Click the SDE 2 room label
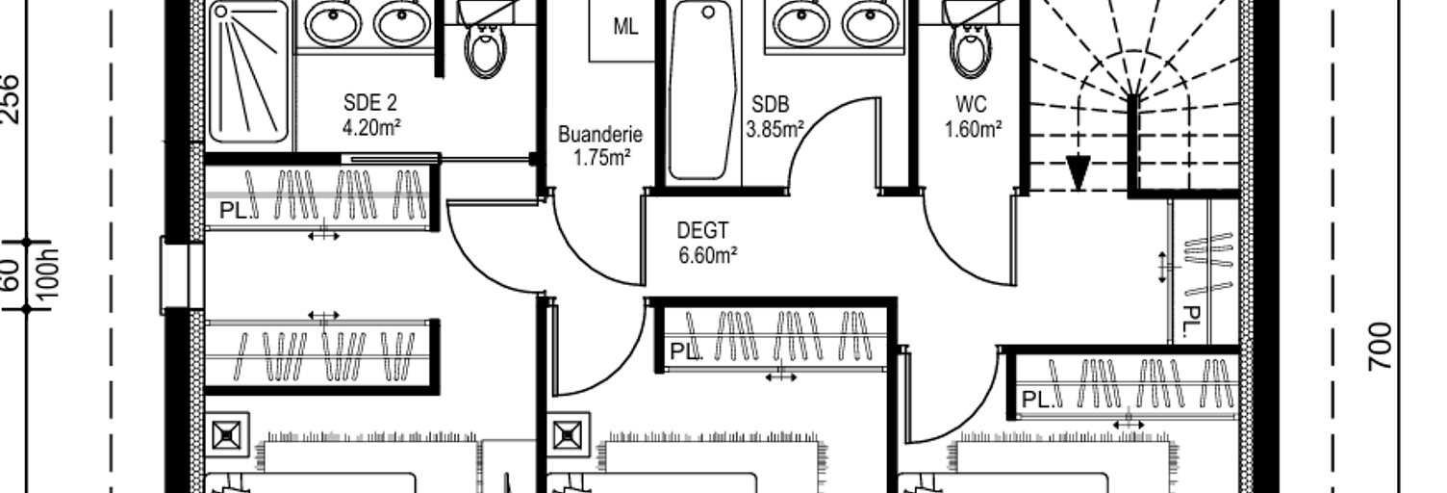coord(370,103)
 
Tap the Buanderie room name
coord(600,135)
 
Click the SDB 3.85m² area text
coord(775,129)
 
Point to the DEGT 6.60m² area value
coord(707,255)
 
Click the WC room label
coord(971,104)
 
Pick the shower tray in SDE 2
coord(248,71)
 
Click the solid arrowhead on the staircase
coord(1078,172)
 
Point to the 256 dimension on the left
coord(11,98)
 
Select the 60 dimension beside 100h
coord(11,276)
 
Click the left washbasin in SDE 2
coord(333,24)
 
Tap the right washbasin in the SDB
coord(871,24)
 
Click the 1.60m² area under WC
coord(973,129)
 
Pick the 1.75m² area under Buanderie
coord(601,158)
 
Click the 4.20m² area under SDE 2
coord(371,127)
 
